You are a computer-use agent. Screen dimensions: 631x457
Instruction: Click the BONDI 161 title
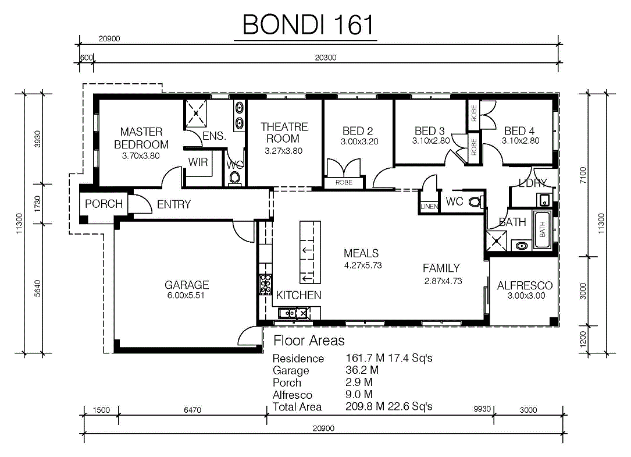(x=308, y=24)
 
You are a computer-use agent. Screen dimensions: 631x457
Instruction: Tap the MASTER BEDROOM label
(x=141, y=138)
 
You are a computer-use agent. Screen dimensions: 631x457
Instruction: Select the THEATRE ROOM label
(x=284, y=133)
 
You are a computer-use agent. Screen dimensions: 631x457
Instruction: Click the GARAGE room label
(x=187, y=285)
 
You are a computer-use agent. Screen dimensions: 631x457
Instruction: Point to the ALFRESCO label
(x=525, y=286)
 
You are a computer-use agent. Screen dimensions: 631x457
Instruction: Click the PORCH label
(x=104, y=204)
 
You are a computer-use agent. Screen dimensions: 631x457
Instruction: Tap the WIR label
(x=198, y=162)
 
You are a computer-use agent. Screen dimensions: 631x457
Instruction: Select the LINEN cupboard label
(x=429, y=207)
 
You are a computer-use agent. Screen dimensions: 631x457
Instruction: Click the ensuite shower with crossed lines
(x=195, y=114)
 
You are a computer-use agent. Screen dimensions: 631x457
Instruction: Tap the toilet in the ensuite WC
(x=234, y=178)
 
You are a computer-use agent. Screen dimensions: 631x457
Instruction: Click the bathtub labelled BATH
(x=543, y=229)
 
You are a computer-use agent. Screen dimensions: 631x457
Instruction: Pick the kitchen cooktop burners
(x=265, y=285)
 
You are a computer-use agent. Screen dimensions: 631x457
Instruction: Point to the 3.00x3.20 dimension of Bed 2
(x=359, y=141)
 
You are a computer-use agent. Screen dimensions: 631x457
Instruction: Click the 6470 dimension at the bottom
(x=192, y=410)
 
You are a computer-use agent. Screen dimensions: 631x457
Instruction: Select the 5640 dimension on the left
(x=37, y=288)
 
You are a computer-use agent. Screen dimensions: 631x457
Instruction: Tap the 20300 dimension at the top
(x=326, y=58)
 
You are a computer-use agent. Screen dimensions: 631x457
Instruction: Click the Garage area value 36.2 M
(x=362, y=370)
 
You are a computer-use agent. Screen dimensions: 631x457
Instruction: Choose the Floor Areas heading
(x=309, y=341)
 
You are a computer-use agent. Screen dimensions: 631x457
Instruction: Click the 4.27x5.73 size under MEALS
(x=363, y=265)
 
